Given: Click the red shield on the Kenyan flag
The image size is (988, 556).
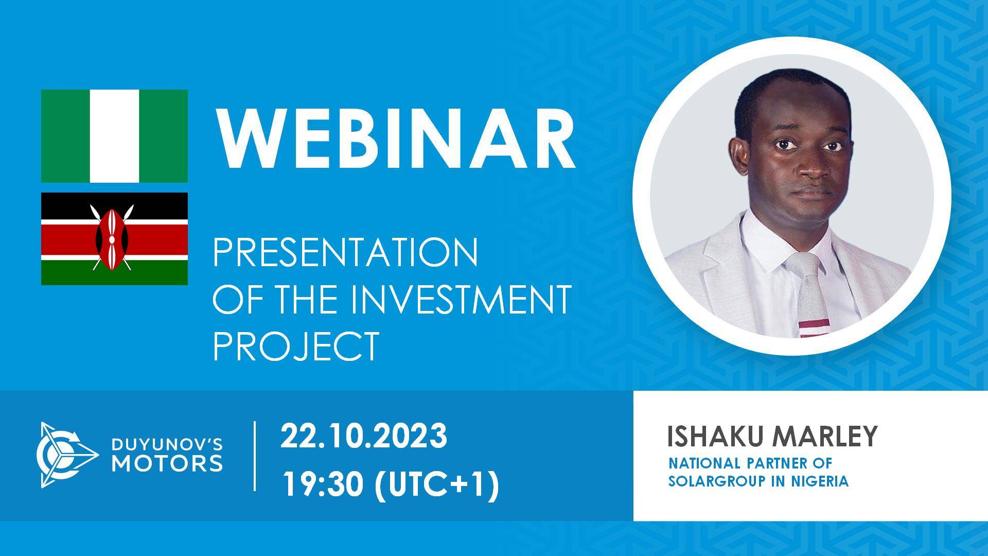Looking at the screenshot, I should tap(112, 238).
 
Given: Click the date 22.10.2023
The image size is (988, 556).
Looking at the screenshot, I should tap(363, 436).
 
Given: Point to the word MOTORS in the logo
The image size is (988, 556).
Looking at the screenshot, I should tap(168, 463).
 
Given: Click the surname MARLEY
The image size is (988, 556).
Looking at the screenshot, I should tap(825, 437).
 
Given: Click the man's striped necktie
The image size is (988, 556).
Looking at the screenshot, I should tap(810, 299).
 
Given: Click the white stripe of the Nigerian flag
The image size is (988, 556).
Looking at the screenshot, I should tap(114, 136).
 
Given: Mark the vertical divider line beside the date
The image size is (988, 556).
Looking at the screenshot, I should tap(255, 455).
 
